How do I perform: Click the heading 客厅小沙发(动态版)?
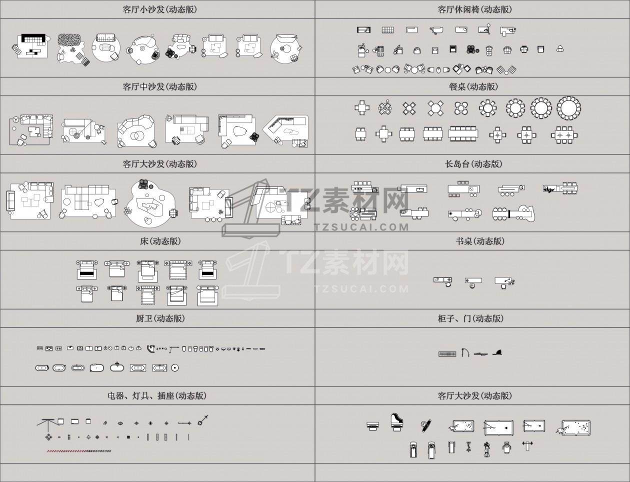[x=160, y=9]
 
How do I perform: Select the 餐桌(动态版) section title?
[x=473, y=86]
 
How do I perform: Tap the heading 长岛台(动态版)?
[x=473, y=164]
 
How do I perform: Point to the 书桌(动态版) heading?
[x=480, y=241]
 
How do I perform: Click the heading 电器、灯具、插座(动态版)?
[x=157, y=395]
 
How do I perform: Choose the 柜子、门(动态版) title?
[x=470, y=318]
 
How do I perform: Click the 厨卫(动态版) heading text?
[x=160, y=318]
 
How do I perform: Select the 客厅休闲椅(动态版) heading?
[x=474, y=9]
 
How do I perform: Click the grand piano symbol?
[x=397, y=422]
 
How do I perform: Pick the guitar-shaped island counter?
[x=514, y=213]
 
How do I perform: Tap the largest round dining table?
[x=568, y=108]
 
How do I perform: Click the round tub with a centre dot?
[x=175, y=368]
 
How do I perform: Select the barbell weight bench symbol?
[x=527, y=445]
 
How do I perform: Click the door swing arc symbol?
[x=465, y=352]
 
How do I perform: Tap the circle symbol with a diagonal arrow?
[x=202, y=420]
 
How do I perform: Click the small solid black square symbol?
[x=128, y=437]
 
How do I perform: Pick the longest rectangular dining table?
[x=463, y=133]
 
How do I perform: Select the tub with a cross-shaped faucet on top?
[x=117, y=366]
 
